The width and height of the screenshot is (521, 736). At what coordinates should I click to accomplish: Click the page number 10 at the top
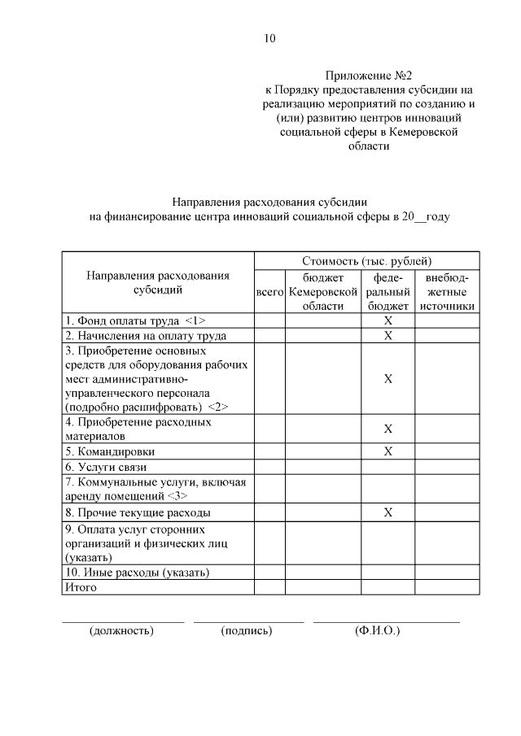pos(270,38)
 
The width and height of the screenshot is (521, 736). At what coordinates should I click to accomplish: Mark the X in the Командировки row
pos(388,451)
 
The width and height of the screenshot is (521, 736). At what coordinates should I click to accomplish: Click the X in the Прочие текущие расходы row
pos(388,512)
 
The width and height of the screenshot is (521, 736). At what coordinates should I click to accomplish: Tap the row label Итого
pos(81,587)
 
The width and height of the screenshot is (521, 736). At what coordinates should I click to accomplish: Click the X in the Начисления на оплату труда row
pos(388,335)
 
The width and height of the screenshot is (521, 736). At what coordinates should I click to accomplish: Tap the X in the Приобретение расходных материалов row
pos(388,429)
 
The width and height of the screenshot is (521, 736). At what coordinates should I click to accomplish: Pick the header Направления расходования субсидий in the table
pos(158,282)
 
